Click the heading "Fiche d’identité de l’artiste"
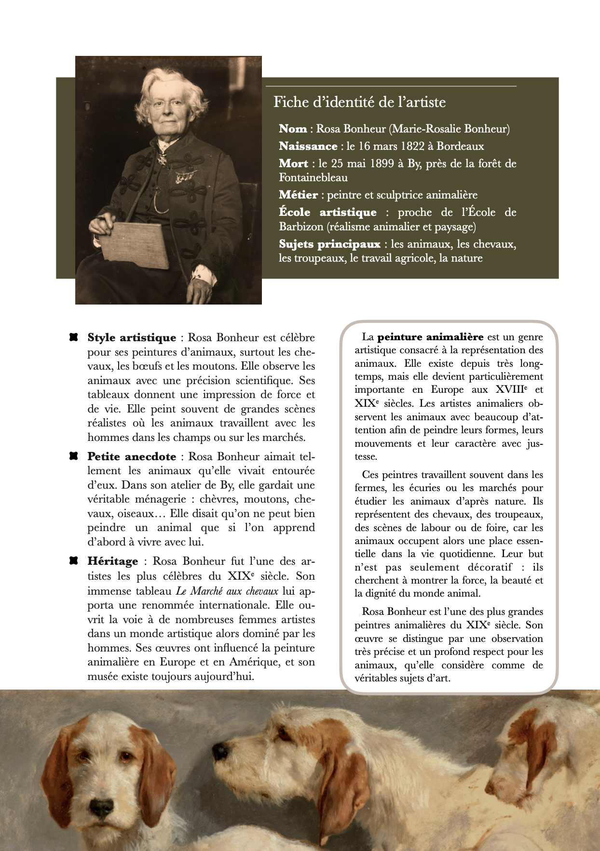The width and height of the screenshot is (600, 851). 359,102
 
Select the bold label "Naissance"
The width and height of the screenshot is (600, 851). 308,146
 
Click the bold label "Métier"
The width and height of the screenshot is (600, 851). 298,195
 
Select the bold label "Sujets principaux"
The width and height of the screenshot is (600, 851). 329,244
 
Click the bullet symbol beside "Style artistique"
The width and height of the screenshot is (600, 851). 73,337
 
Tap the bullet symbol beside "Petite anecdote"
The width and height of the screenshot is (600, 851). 73,456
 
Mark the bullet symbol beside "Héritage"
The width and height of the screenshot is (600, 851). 73,561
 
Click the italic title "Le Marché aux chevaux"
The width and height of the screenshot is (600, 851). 227,591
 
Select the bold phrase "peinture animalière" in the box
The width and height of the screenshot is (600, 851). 430,337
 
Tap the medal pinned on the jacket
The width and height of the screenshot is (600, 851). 182,178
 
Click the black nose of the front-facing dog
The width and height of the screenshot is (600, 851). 102,806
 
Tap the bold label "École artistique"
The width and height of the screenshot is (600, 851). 327,213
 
